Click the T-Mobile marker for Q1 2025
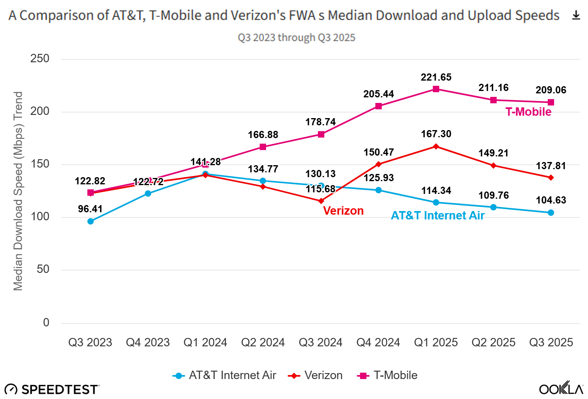pos(436,89)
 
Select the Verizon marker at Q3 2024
pos(321,201)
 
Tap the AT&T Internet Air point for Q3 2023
pos(91,221)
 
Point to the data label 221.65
pos(436,77)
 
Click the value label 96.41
pos(90,209)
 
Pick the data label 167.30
pos(436,134)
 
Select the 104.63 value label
pos(551,200)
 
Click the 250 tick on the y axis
pos(40,59)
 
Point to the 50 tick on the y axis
pos(43,269)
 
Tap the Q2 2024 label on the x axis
pos(263,342)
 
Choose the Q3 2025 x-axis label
pos(551,342)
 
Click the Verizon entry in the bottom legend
pos(315,375)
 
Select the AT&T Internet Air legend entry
pos(225,375)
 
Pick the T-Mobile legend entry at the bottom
pos(388,375)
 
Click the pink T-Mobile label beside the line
pos(528,112)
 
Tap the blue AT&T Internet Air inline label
pos(438,216)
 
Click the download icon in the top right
pos(576,16)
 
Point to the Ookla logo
pos(561,389)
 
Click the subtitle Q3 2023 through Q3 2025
pos(296,38)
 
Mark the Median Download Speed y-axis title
pos(18,191)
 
